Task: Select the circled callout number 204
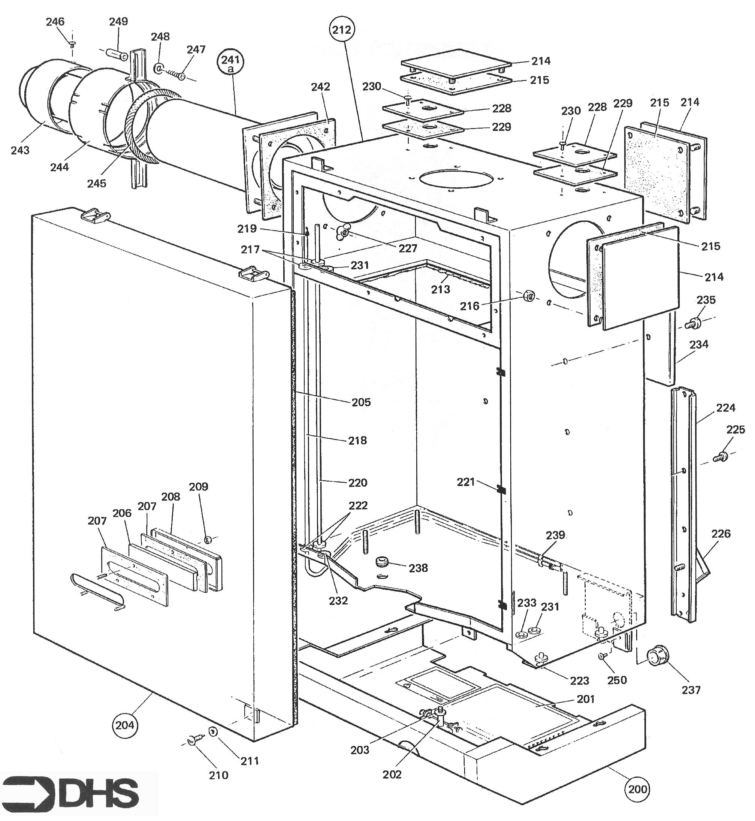(125, 725)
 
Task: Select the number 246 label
(55, 21)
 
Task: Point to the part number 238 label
(419, 568)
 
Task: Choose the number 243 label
(20, 150)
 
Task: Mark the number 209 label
(199, 486)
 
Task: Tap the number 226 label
(721, 533)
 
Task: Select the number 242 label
(321, 87)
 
